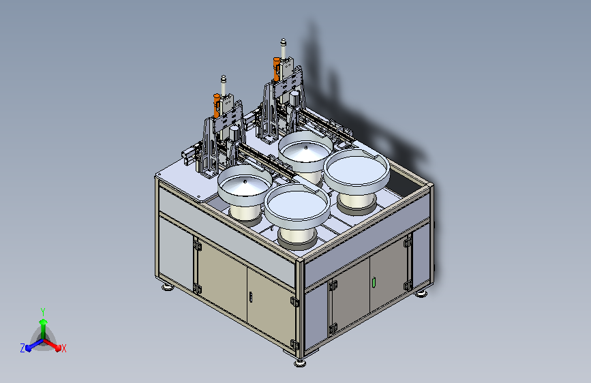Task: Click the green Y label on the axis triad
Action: coord(43,312)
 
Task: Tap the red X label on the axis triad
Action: coord(63,349)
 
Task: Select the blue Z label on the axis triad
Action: coord(22,348)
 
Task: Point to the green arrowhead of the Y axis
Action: coord(43,322)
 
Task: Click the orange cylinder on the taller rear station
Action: coord(276,69)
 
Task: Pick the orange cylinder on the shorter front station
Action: coord(217,105)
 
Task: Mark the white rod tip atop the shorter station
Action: coord(224,79)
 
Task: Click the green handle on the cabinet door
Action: coord(374,282)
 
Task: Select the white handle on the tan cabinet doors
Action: coord(251,297)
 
